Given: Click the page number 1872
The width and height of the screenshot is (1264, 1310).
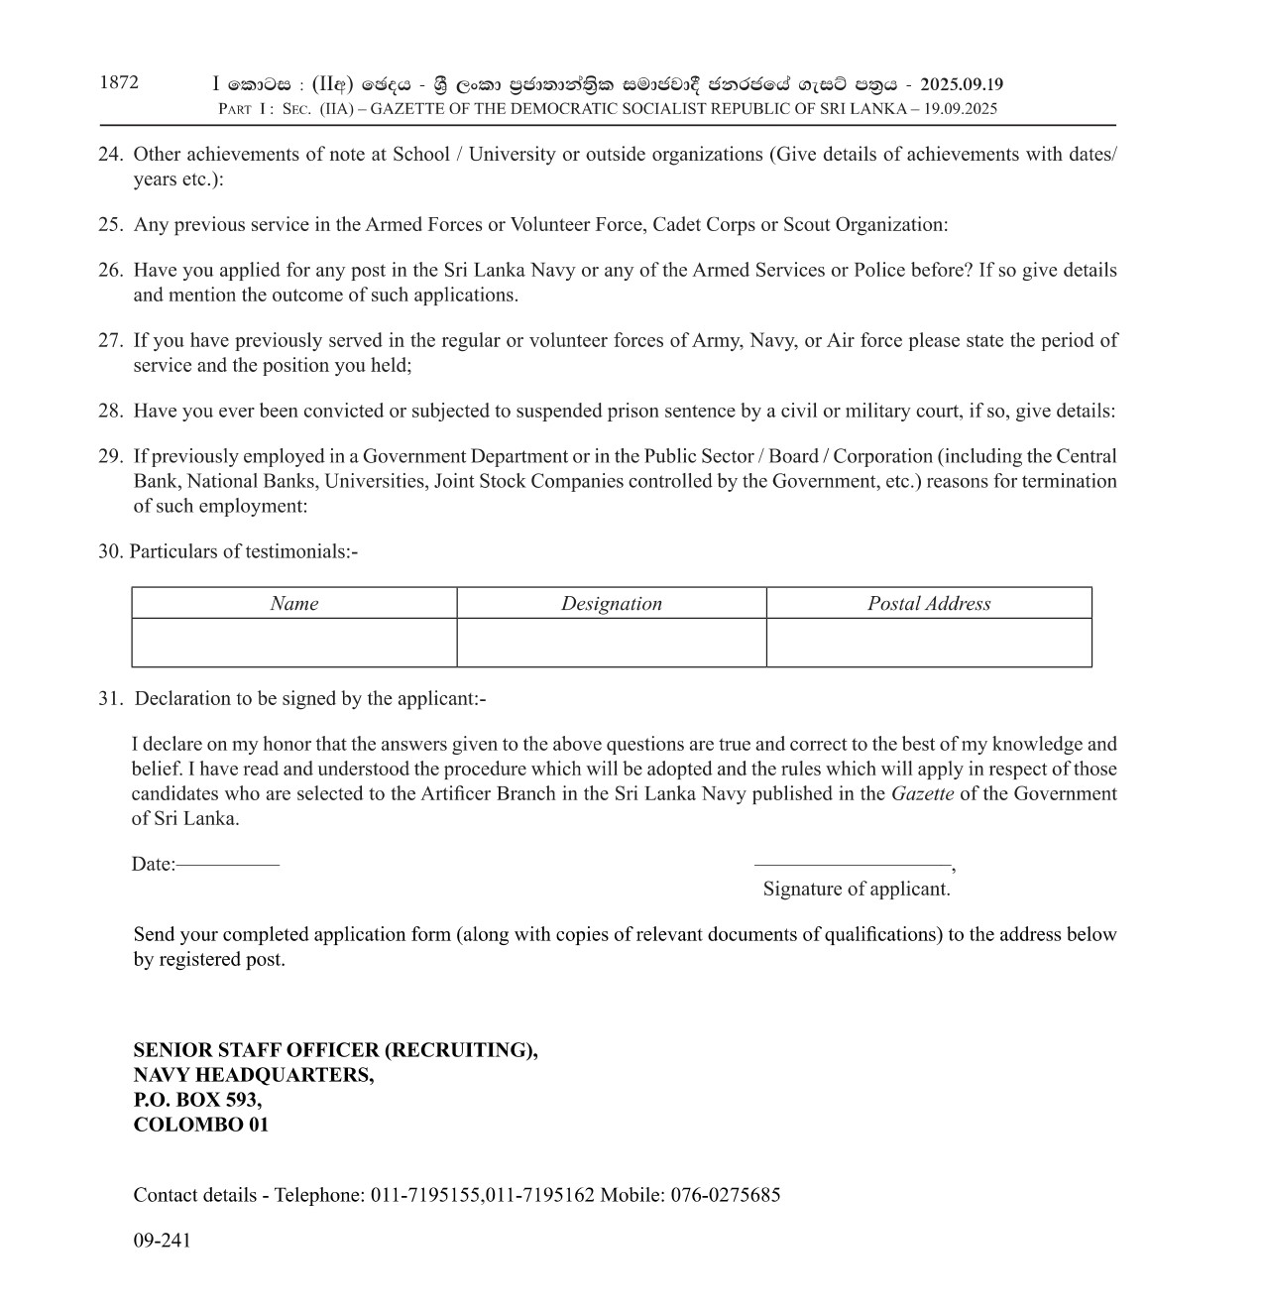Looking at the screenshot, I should pyautogui.click(x=119, y=83).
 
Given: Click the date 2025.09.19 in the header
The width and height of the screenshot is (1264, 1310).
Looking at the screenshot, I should pyautogui.click(x=961, y=85).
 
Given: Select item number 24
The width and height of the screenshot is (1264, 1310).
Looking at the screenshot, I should pyautogui.click(x=110, y=155).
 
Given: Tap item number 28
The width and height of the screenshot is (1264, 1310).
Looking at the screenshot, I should pyautogui.click(x=110, y=412).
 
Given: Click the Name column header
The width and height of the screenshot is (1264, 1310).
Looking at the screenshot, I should pyautogui.click(x=294, y=604).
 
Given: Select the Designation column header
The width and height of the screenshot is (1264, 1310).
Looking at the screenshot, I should pyautogui.click(x=612, y=604).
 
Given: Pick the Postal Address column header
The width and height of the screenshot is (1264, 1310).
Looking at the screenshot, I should pyautogui.click(x=929, y=604).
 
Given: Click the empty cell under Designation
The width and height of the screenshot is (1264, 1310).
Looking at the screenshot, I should pyautogui.click(x=612, y=643).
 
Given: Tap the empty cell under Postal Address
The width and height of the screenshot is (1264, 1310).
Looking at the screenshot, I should pyautogui.click(x=929, y=643).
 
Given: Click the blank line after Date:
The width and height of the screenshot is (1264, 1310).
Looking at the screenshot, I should pyautogui.click(x=228, y=865).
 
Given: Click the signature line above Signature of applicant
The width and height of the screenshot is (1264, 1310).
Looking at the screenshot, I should pyautogui.click(x=853, y=865).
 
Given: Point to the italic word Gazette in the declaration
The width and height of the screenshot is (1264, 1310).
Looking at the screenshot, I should pyautogui.click(x=922, y=794).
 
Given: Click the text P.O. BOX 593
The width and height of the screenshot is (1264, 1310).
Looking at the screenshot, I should pyautogui.click(x=197, y=1100).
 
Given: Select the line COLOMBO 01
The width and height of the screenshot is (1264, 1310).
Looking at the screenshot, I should pyautogui.click(x=201, y=1125).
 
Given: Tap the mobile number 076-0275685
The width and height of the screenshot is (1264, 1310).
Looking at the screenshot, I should pyautogui.click(x=726, y=1195).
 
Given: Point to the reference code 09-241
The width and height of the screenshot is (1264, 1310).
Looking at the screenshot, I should pyautogui.click(x=162, y=1241).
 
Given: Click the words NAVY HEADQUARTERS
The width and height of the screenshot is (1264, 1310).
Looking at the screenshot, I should pyautogui.click(x=254, y=1075).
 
